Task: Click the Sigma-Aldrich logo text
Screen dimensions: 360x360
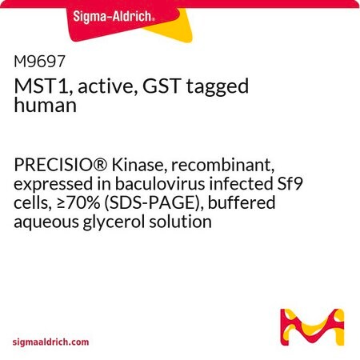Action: pos(114,17)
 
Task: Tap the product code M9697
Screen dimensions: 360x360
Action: pos(39,62)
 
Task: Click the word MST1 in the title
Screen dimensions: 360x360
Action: pos(43,86)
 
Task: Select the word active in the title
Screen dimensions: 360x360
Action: pos(108,86)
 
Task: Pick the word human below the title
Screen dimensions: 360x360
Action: pos(46,105)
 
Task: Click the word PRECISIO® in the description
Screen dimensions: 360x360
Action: pos(61,165)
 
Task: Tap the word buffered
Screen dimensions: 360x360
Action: pos(242,202)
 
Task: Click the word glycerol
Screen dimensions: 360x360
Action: pos(114,222)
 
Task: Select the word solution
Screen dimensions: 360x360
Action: pos(180,222)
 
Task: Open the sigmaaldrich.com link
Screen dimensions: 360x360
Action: pos(50,342)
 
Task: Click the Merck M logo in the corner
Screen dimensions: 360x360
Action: pos(312,327)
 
